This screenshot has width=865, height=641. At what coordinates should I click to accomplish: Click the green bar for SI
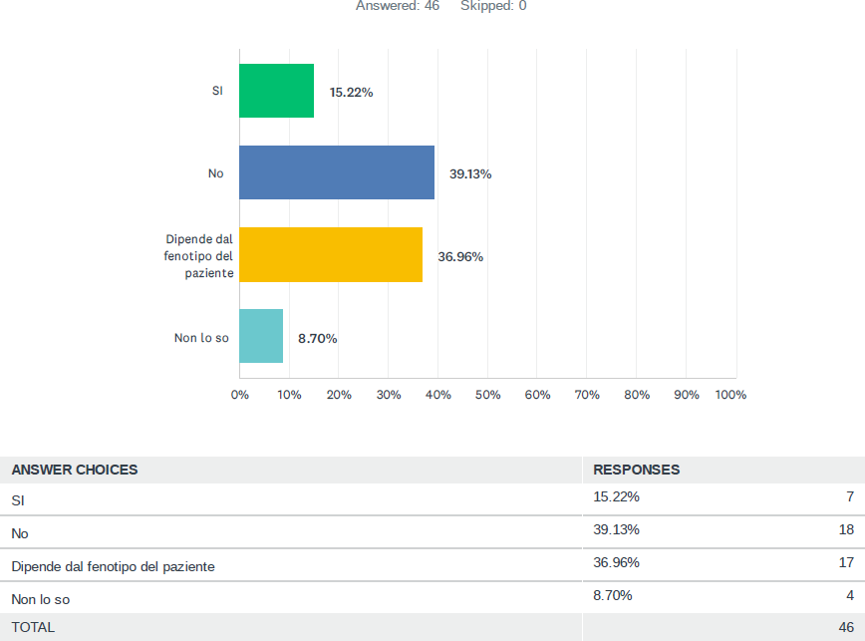click(277, 91)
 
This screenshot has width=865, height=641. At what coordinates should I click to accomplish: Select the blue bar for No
click(337, 172)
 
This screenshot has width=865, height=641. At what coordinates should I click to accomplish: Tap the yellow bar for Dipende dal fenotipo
click(331, 255)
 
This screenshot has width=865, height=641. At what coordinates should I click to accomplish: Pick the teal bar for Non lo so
click(261, 336)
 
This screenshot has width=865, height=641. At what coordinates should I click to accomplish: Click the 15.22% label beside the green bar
click(351, 92)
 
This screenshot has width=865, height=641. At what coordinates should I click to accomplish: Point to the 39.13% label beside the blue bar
click(470, 173)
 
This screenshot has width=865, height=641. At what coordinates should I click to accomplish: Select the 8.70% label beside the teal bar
click(318, 338)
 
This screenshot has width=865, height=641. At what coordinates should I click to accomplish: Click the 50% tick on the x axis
click(487, 395)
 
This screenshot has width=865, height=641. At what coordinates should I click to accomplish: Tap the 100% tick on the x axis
click(730, 395)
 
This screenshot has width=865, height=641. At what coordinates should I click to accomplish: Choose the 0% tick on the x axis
click(240, 395)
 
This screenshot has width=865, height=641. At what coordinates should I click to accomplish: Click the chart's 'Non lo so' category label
click(201, 338)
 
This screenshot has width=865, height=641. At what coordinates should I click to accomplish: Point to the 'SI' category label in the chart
click(217, 91)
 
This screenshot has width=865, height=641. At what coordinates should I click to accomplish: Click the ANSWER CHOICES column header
click(75, 470)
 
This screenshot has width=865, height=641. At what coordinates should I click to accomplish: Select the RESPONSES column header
click(636, 470)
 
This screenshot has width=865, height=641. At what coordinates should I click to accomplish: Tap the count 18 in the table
click(846, 529)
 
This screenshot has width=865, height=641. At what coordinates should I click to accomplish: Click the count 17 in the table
click(846, 562)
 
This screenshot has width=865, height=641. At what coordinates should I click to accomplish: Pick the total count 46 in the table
click(846, 627)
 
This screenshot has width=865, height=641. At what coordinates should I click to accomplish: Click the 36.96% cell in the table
click(616, 562)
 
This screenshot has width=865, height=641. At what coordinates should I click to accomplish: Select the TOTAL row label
click(33, 627)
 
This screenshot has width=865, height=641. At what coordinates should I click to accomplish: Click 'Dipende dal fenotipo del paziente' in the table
click(114, 566)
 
